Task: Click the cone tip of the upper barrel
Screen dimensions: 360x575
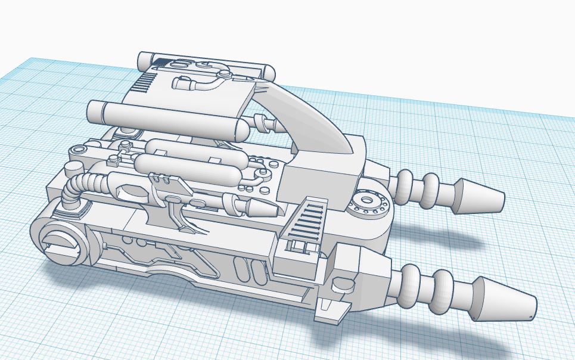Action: point(479,195)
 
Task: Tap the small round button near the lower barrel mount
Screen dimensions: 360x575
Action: point(341,285)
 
